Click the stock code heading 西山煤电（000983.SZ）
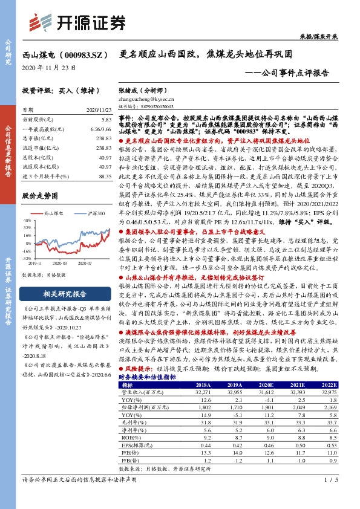pos(63,54)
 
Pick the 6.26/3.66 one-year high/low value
pos(100,129)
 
